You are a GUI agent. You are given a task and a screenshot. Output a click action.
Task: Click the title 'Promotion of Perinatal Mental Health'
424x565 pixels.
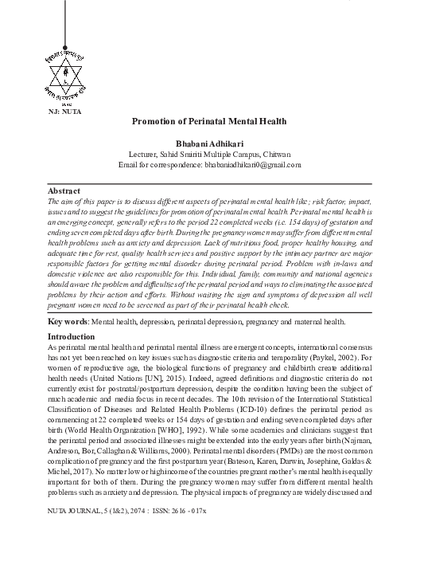pos(208,121)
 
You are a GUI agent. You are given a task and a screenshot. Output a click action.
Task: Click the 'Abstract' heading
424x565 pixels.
pos(64,192)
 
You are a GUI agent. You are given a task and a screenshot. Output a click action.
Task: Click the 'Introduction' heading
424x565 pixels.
pos(72,359)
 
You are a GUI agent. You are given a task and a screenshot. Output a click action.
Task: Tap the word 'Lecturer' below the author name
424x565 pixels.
pos(146,154)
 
